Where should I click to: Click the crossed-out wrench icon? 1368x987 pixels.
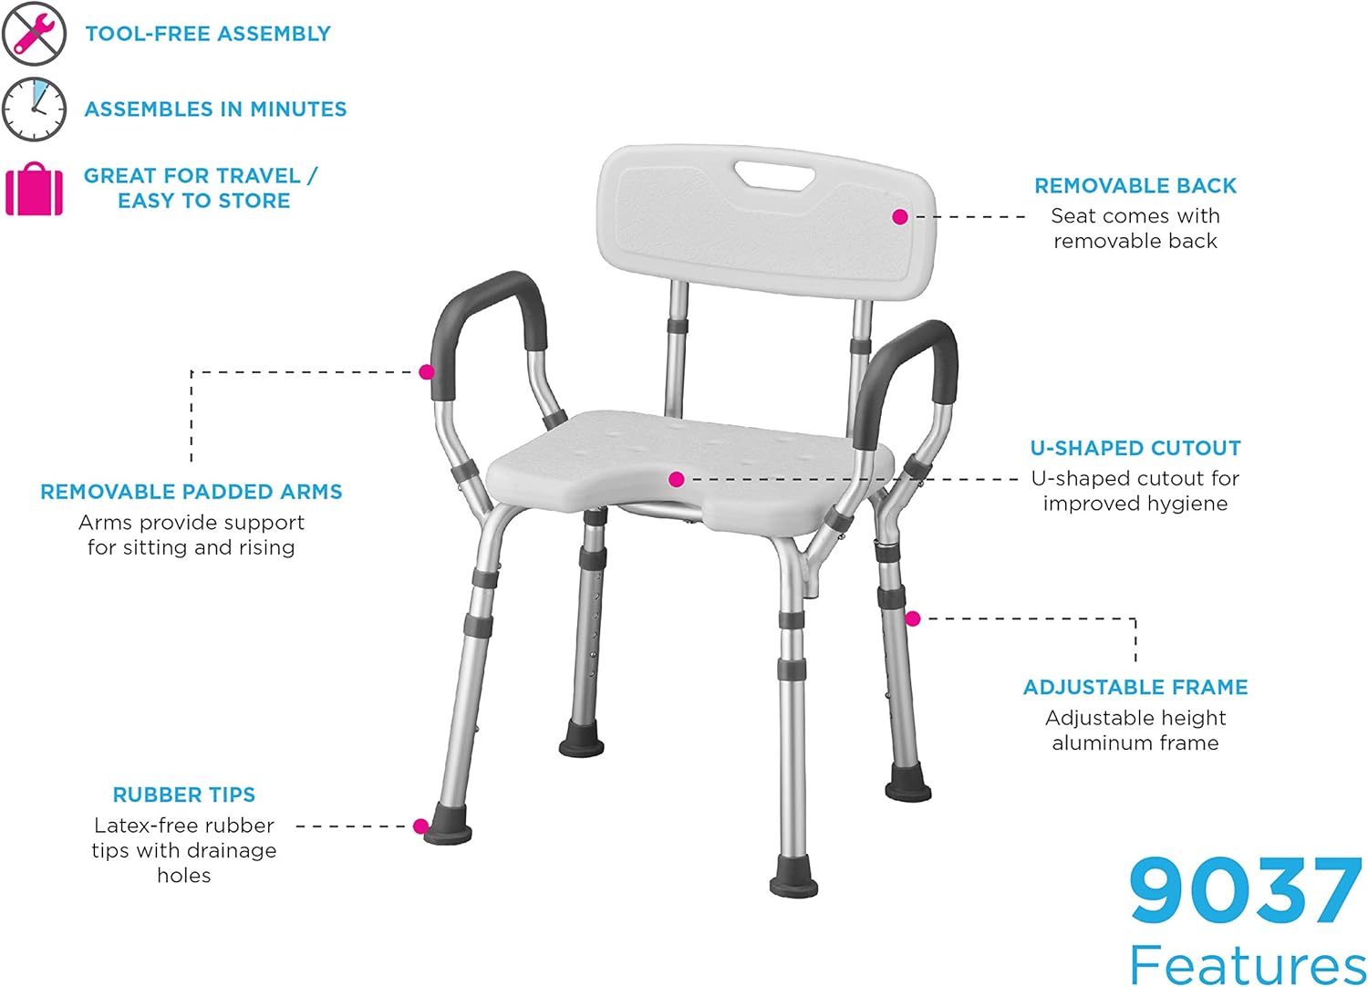[34, 34]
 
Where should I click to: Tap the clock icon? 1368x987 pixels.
[34, 109]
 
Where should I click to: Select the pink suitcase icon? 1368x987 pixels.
[35, 189]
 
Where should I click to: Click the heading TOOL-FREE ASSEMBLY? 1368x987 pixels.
[208, 34]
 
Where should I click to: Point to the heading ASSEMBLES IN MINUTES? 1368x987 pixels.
[215, 109]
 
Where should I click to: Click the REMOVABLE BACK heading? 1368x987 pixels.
[1135, 186]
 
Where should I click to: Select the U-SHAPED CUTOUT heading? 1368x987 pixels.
[1135, 449]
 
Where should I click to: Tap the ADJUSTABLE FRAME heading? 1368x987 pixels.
[1135, 688]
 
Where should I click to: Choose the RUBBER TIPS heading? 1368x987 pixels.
[184, 795]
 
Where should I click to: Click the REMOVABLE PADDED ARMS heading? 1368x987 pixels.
[192, 493]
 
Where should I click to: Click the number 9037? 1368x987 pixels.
[1246, 890]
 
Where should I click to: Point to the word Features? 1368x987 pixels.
[1248, 963]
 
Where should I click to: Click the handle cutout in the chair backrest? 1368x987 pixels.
[776, 174]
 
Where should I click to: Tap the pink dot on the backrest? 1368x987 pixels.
[900, 217]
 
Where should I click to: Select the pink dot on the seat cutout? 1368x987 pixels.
[676, 480]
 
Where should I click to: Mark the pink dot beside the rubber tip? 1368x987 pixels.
[420, 826]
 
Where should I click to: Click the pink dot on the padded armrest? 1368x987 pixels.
[426, 372]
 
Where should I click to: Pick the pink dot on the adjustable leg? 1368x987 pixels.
[912, 618]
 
